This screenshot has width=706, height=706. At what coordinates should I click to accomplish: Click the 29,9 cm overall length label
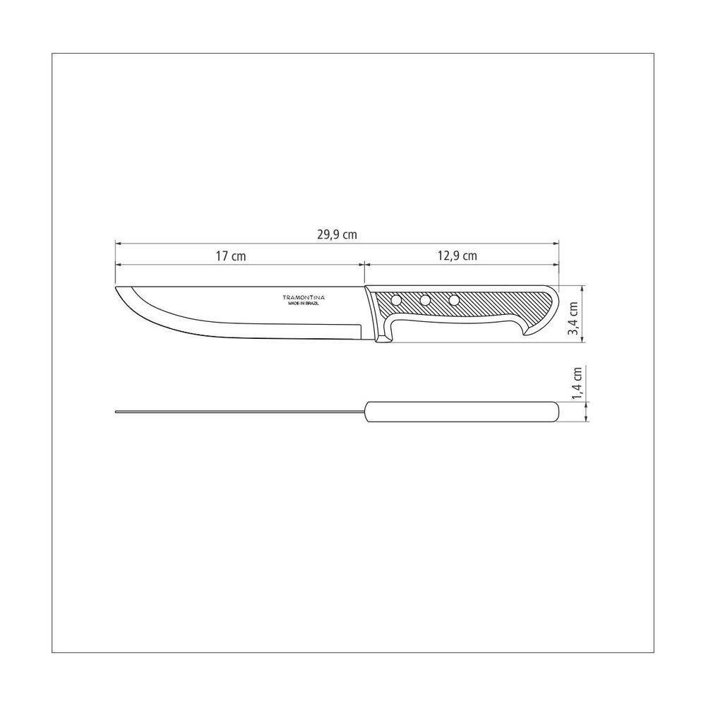click(337, 235)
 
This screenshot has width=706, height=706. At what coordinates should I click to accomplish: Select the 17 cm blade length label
click(231, 256)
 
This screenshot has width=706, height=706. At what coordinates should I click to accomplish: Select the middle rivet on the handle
click(425, 301)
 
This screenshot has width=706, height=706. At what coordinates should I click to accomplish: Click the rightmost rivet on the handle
click(453, 301)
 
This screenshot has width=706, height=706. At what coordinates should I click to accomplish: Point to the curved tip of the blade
click(119, 291)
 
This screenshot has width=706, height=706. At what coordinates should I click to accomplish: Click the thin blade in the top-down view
click(240, 412)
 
